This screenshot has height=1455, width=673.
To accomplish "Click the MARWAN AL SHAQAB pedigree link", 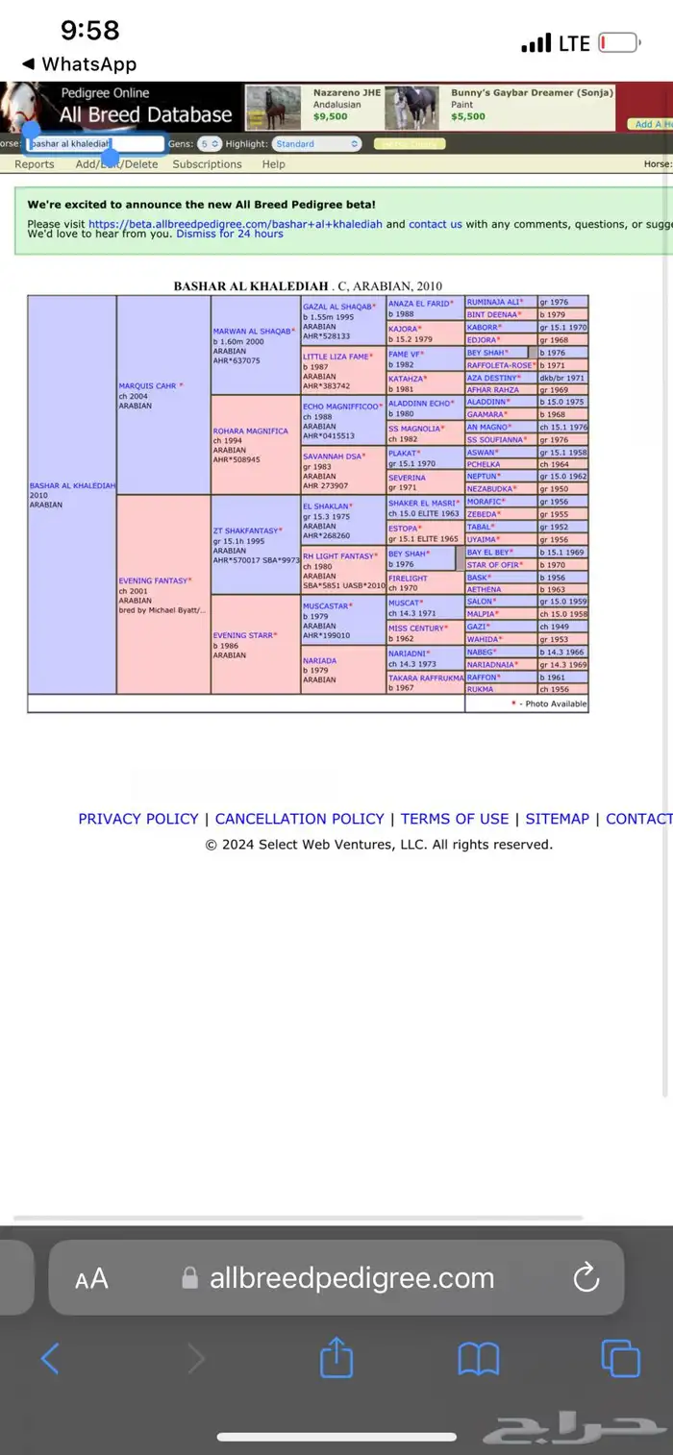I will (252, 332).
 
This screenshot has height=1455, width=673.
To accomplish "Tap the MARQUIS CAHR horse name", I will (147, 386).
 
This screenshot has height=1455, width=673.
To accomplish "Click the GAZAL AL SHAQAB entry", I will (337, 307).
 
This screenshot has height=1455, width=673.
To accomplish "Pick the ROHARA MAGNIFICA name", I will (250, 432).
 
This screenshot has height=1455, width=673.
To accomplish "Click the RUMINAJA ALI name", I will (493, 302).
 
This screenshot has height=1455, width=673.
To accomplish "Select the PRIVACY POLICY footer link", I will (137, 819).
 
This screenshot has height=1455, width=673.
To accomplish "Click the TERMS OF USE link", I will (454, 819).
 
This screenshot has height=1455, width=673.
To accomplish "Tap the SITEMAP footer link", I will (557, 819).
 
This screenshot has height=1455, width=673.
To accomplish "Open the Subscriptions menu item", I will (207, 164).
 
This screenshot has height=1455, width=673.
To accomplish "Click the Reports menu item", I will (35, 164).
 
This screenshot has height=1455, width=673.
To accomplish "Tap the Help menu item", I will (274, 164).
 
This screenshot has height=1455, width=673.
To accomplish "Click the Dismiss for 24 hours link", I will (230, 234).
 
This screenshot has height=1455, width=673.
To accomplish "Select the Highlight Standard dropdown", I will (316, 144).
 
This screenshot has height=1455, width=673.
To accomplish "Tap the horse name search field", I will (95, 144).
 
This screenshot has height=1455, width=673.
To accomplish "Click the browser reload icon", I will (586, 1277).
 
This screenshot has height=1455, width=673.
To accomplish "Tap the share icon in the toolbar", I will (336, 1359).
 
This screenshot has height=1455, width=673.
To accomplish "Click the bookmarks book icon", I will (478, 1359).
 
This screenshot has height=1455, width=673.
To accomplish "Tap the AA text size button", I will (92, 1278).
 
